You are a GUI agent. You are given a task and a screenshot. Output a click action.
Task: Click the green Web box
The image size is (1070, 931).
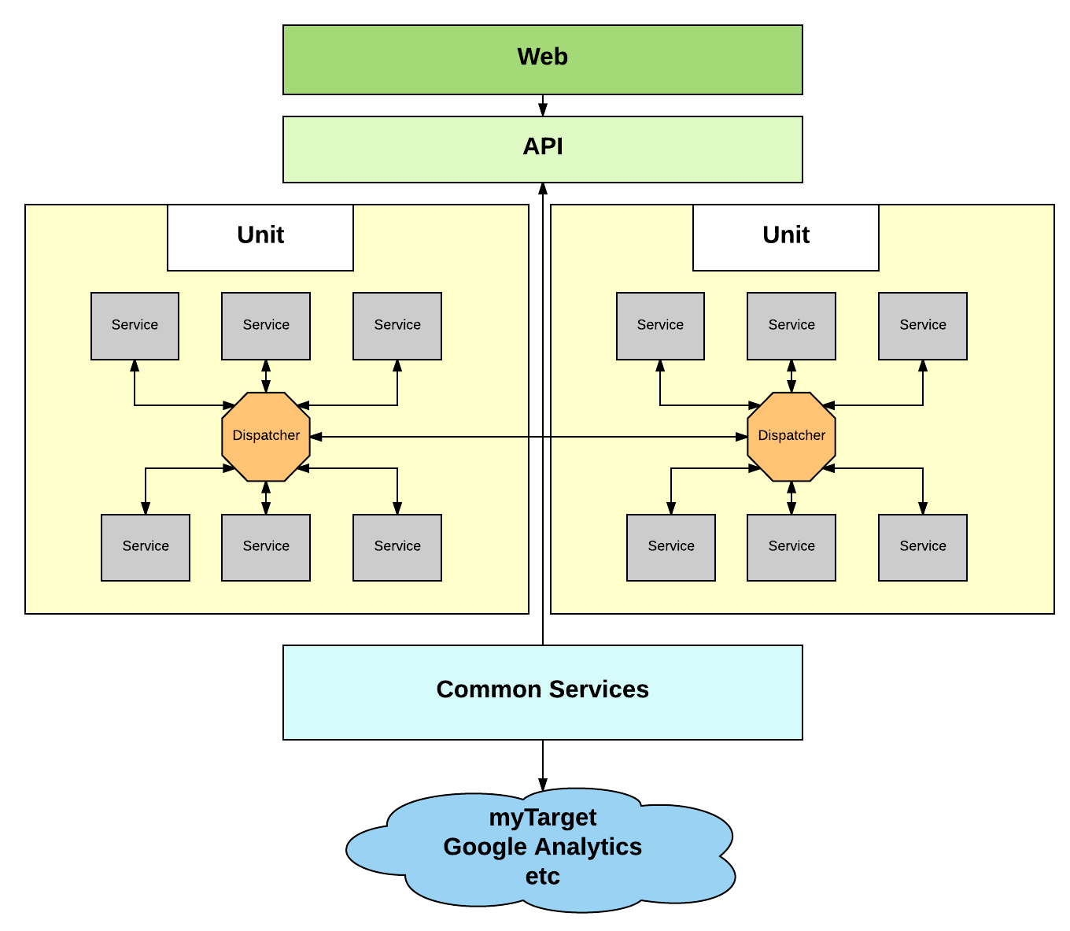[542, 60]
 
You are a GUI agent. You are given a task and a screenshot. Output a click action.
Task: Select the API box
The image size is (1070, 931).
[542, 150]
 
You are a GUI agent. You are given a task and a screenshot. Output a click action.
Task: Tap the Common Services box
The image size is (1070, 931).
[542, 692]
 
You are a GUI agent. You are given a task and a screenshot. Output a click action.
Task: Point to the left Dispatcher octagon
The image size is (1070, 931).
[266, 436]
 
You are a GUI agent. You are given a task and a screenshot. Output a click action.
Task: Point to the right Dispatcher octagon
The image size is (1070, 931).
[791, 436]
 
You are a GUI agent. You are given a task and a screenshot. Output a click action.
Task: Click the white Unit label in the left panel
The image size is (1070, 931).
[260, 237]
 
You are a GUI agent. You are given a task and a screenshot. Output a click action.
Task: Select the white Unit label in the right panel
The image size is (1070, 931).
[786, 237]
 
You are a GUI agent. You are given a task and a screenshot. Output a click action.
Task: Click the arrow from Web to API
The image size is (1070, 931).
[543, 105]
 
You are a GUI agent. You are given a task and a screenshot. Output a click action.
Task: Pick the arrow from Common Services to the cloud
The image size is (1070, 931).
[543, 765]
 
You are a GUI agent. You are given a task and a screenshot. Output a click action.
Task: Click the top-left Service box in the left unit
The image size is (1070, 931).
[135, 326]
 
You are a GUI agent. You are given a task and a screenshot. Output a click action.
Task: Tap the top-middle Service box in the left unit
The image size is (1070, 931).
[266, 326]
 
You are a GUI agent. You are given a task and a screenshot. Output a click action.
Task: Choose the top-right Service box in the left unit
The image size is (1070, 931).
[397, 326]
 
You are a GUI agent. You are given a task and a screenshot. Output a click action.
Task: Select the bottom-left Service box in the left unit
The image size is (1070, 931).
[146, 547]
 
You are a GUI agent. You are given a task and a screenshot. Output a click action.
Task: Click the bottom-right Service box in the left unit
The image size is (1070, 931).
[397, 547]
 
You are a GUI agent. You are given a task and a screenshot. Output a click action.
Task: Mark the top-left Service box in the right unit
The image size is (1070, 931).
[660, 326]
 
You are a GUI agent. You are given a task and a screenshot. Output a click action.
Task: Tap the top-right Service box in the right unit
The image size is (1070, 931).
[923, 326]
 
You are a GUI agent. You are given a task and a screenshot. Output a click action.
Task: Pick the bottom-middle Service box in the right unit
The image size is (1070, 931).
[791, 547]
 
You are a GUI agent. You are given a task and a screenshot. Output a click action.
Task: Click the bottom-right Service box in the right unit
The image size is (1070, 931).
[923, 547]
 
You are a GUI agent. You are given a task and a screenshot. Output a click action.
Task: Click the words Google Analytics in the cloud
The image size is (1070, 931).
[542, 847]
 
